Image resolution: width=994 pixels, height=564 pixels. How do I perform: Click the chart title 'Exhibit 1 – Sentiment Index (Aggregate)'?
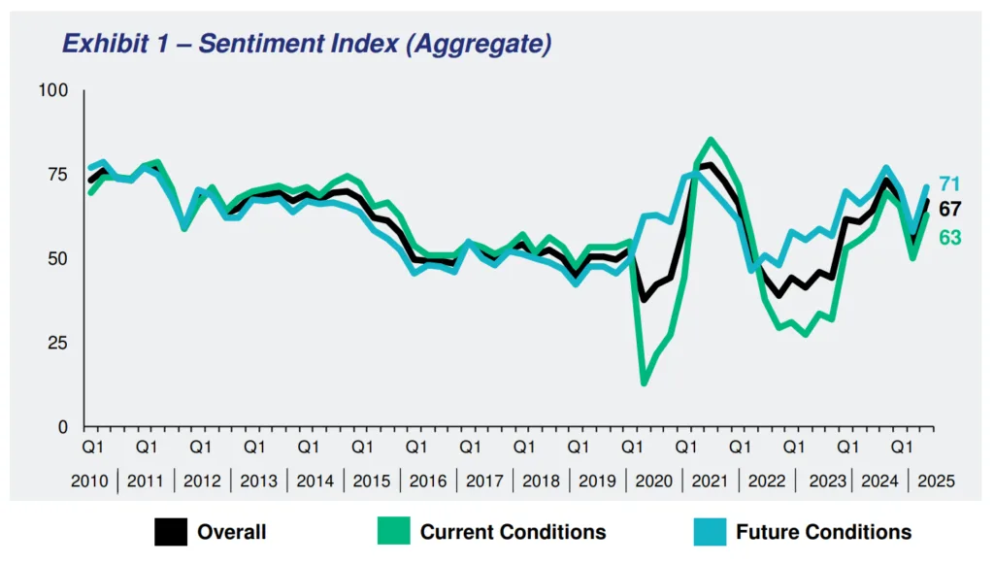point(307,44)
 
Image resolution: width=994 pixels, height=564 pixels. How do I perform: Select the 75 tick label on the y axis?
point(57,175)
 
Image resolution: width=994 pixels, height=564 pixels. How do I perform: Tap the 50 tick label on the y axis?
point(57,259)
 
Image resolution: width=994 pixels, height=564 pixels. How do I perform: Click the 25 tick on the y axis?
point(57,343)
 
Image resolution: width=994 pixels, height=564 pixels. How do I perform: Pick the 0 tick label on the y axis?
point(63,427)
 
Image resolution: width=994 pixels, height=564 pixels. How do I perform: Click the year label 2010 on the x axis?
point(90,481)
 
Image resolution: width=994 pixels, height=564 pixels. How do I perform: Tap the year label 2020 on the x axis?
point(652,481)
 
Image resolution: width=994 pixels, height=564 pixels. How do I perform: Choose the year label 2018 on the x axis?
point(540,481)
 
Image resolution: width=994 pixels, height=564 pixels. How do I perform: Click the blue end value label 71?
point(949,184)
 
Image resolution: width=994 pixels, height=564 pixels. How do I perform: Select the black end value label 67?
point(949,210)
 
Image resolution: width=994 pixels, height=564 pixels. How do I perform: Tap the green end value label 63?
point(949,236)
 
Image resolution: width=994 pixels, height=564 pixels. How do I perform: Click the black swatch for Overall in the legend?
point(170,532)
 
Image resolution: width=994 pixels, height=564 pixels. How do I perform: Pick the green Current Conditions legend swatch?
point(392,532)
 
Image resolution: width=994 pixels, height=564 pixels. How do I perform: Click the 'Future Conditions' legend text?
point(823,532)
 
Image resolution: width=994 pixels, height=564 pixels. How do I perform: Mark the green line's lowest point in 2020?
point(644,383)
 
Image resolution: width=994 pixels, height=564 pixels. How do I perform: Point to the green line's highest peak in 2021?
point(711,140)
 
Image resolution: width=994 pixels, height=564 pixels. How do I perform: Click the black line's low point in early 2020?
point(644,299)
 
